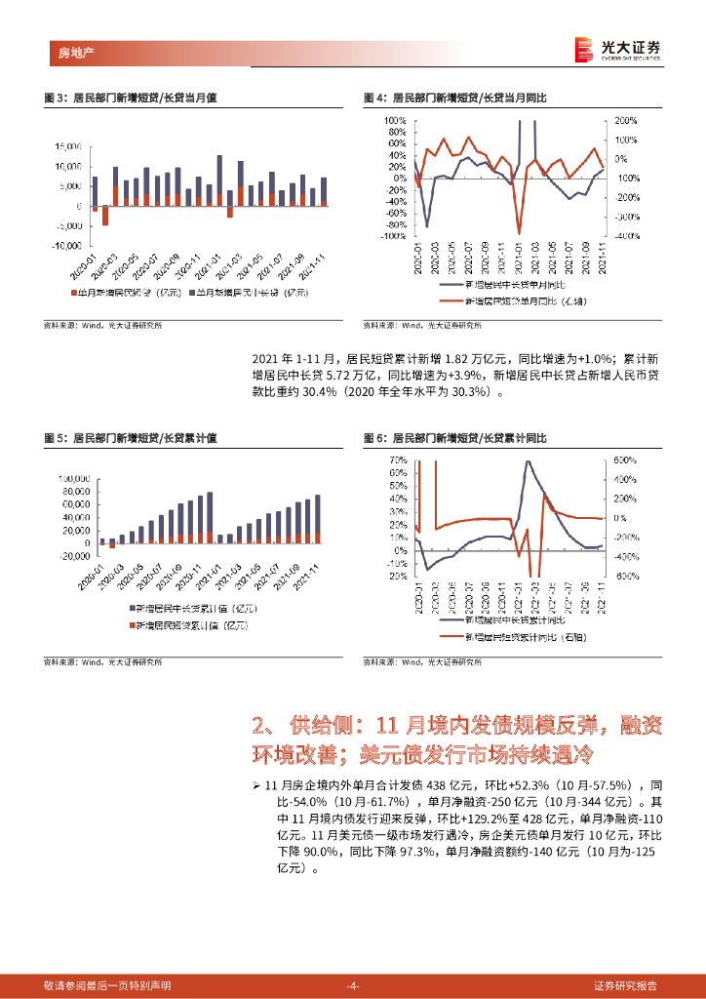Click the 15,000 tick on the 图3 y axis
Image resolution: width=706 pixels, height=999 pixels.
pyautogui.click(x=68, y=146)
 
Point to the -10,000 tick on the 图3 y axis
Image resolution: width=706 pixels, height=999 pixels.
pyautogui.click(x=67, y=246)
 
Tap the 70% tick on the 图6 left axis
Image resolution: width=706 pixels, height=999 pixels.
pyautogui.click(x=398, y=460)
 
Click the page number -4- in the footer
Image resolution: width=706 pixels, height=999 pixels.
pyautogui.click(x=353, y=985)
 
